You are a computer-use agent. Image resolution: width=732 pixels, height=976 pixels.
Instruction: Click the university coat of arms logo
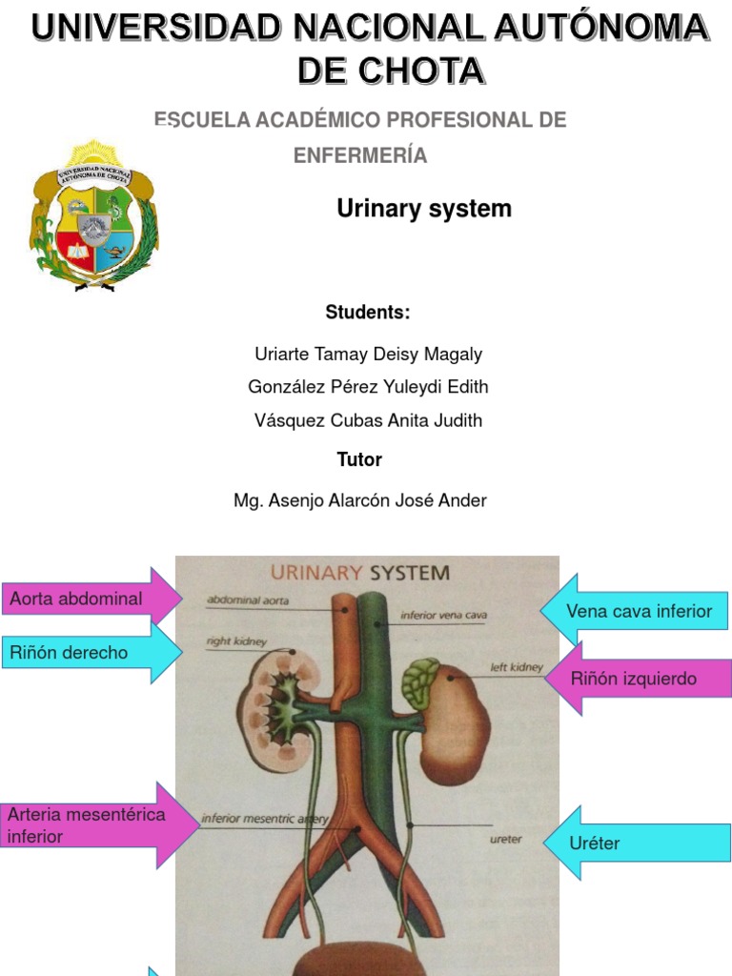point(93,217)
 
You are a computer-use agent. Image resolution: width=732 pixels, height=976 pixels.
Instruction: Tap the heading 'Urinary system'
point(424,209)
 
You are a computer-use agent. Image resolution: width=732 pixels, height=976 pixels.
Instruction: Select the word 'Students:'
point(368,313)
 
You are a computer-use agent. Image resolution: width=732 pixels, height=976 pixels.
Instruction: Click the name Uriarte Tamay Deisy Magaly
point(368,355)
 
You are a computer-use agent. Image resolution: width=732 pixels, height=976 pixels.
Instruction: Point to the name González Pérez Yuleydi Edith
point(368,387)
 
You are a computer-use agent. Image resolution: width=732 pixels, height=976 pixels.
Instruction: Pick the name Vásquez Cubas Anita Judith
point(368,420)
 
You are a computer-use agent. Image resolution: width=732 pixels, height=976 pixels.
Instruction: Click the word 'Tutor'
point(359,459)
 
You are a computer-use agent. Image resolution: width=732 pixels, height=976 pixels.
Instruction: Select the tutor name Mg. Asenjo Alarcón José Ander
point(360,500)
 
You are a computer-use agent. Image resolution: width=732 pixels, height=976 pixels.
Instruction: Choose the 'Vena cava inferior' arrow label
point(639,611)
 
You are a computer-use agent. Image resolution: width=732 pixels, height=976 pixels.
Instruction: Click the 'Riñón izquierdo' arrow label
point(634,679)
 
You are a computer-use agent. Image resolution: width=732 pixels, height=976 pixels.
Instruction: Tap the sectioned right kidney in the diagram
point(276,705)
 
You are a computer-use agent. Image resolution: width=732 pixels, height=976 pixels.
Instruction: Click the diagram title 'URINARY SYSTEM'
point(360,573)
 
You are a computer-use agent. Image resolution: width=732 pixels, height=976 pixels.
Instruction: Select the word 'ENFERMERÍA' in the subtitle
point(360,155)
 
